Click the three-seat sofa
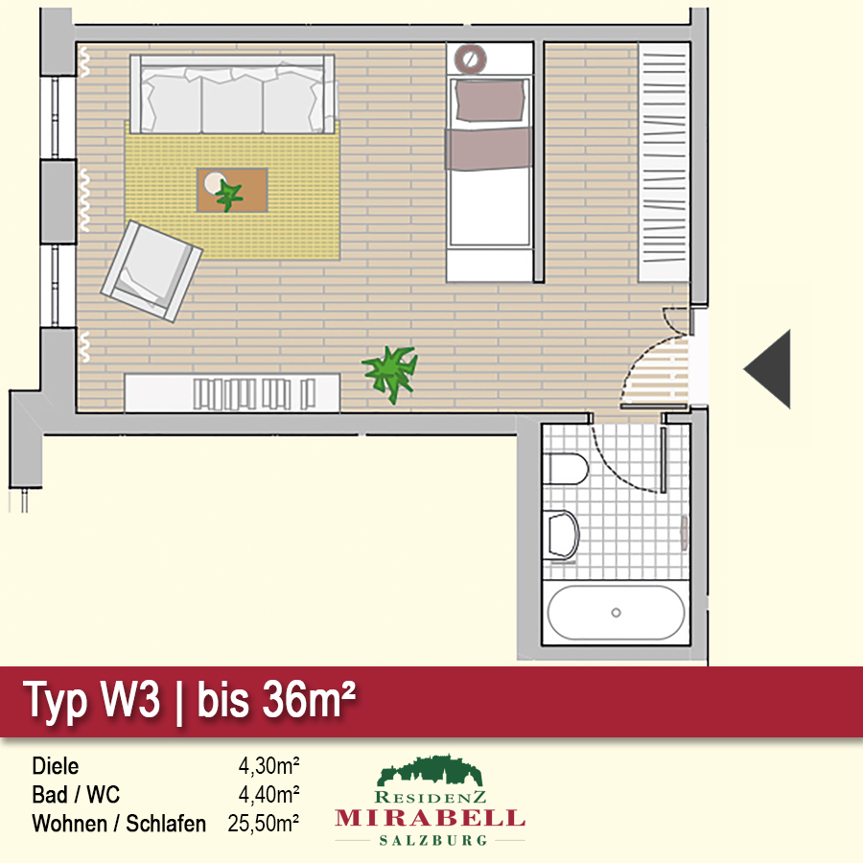click(x=232, y=94)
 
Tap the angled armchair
click(x=152, y=271)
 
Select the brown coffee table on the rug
click(x=232, y=190)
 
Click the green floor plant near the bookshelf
click(x=390, y=374)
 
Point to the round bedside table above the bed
click(x=470, y=58)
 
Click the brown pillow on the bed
click(x=490, y=100)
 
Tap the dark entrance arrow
click(x=768, y=369)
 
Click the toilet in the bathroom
click(x=565, y=469)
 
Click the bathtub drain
click(x=616, y=613)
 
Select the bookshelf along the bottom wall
click(x=232, y=393)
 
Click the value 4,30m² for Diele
click(x=268, y=765)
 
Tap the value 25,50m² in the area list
click(x=263, y=824)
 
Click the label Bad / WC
click(x=76, y=795)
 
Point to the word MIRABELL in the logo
click(x=430, y=818)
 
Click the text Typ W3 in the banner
click(x=91, y=700)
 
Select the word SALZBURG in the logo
click(x=433, y=840)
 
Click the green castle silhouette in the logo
click(x=430, y=770)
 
